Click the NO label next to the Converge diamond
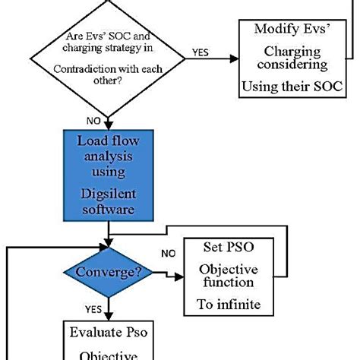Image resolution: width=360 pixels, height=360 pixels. (172, 253)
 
